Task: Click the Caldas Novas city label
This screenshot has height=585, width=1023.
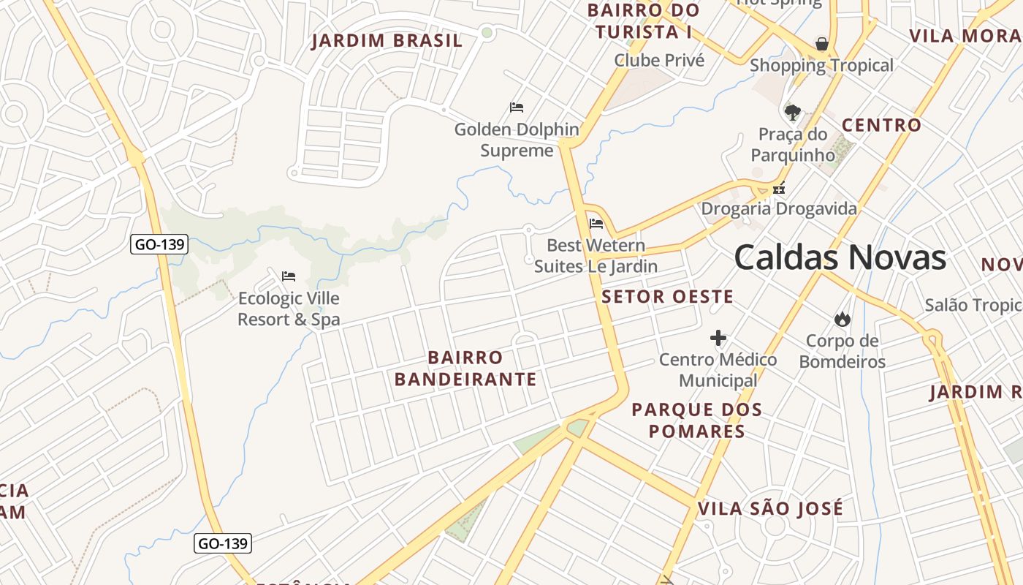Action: pyautogui.click(x=840, y=258)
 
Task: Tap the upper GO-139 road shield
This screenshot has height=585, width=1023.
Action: pyautogui.click(x=159, y=244)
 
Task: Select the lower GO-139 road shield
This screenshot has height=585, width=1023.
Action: pyautogui.click(x=223, y=543)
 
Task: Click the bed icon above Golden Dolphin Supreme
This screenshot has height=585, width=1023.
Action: pyautogui.click(x=517, y=107)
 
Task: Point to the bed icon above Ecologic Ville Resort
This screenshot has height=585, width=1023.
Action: pyautogui.click(x=289, y=276)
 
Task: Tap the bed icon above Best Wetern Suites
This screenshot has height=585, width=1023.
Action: pyautogui.click(x=596, y=224)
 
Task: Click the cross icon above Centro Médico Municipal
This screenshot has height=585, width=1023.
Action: pyautogui.click(x=718, y=338)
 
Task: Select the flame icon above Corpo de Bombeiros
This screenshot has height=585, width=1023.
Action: pyautogui.click(x=843, y=319)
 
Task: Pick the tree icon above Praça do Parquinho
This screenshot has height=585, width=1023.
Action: pyautogui.click(x=792, y=112)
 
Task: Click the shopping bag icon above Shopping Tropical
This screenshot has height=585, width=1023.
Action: pyautogui.click(x=822, y=44)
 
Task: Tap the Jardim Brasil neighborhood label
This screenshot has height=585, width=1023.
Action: pyautogui.click(x=387, y=41)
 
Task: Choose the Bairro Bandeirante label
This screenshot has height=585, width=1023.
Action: pyautogui.click(x=465, y=369)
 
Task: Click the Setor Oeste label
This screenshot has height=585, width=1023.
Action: pyautogui.click(x=667, y=296)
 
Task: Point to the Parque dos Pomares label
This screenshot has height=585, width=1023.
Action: pyautogui.click(x=696, y=420)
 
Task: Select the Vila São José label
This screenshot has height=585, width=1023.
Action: pyautogui.click(x=770, y=508)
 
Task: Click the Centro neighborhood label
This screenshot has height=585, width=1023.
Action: pyautogui.click(x=881, y=125)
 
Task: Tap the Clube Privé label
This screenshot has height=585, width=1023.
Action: pyautogui.click(x=659, y=60)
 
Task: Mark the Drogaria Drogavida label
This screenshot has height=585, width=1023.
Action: pyautogui.click(x=779, y=209)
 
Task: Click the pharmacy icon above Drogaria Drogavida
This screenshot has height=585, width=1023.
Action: pyautogui.click(x=779, y=188)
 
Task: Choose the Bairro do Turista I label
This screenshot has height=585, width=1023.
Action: pyautogui.click(x=643, y=21)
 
